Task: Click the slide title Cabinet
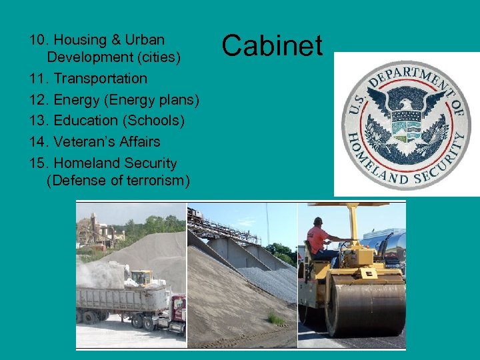pos(272,45)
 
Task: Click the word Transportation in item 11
pos(100,79)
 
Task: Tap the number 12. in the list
pos(39,100)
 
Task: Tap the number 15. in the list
pos(39,163)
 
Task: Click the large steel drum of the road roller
pos(365,309)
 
